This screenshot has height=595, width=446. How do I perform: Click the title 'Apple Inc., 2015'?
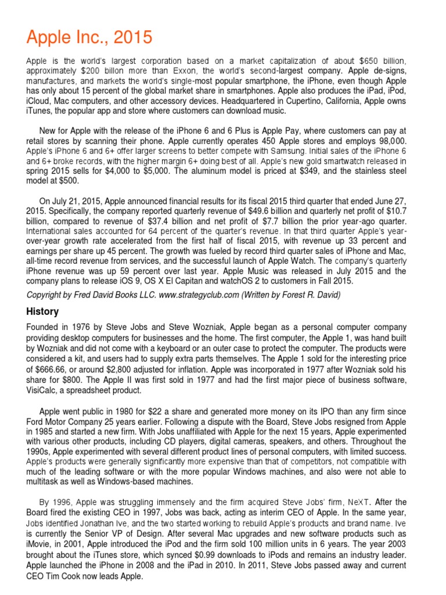[89, 38]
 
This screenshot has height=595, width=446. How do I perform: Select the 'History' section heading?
[42, 311]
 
